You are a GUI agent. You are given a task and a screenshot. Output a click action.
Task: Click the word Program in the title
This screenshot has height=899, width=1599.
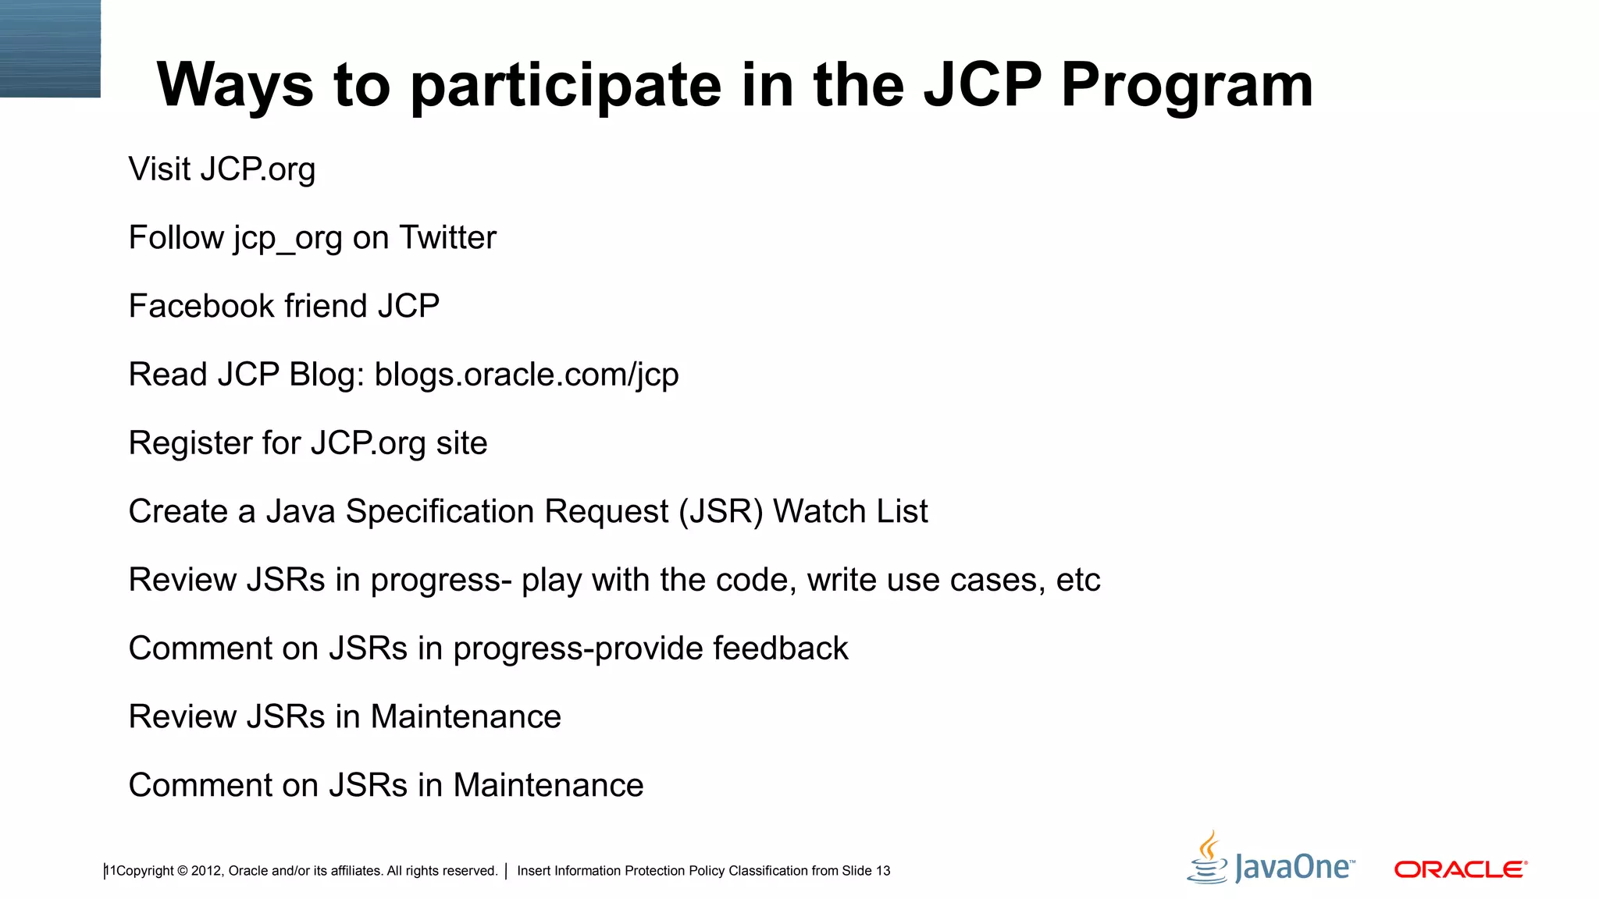tap(1187, 86)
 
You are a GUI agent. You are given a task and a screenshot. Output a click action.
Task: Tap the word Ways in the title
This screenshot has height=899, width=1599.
tap(234, 86)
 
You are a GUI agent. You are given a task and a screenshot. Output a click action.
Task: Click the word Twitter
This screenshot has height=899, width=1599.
tap(447, 237)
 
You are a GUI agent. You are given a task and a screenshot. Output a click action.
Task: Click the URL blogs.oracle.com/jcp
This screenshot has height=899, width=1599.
tap(526, 375)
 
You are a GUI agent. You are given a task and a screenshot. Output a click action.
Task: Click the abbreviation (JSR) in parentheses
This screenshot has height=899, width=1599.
tap(721, 512)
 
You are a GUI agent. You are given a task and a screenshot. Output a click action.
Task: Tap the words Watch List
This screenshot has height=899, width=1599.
tap(850, 512)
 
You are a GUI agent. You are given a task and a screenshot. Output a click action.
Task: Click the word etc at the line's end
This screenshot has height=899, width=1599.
tap(1078, 581)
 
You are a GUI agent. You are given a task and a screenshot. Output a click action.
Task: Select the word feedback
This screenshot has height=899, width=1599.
tap(780, 648)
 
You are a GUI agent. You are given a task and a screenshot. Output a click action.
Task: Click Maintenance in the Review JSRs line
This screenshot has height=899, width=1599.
tap(465, 717)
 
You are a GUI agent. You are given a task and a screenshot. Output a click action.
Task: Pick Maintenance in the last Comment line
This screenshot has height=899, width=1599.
tap(548, 785)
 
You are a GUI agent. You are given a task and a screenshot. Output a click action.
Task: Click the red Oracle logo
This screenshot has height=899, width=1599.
tap(1460, 869)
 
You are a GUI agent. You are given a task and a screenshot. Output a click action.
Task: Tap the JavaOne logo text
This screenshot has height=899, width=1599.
tap(1294, 868)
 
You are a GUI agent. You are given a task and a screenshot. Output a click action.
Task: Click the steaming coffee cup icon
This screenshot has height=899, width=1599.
tap(1208, 858)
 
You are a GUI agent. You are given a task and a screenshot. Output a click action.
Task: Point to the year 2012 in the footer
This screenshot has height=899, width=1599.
tap(206, 871)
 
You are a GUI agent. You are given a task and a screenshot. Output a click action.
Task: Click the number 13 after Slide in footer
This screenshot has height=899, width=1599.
tap(882, 871)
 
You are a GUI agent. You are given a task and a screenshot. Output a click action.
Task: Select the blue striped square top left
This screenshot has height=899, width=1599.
tap(50, 48)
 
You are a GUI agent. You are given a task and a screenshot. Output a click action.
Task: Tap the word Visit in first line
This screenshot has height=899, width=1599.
tap(159, 169)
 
